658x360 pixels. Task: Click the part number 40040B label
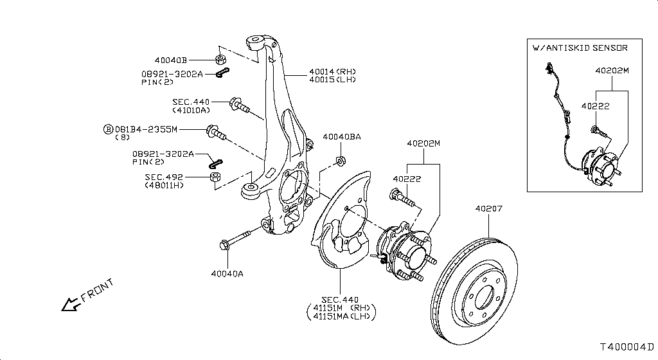coord(170,60)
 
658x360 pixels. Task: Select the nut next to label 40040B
coord(221,59)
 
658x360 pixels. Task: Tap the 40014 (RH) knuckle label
coord(332,72)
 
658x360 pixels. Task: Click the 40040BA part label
coord(342,137)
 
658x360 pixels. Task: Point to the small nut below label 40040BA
coord(341,161)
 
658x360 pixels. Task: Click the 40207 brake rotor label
coord(488,208)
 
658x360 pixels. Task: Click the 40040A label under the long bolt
coord(227,274)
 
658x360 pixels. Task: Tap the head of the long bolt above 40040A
coord(224,244)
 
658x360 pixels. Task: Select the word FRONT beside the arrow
coord(97,291)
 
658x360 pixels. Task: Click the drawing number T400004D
coord(627,347)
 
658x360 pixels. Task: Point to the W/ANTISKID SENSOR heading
coord(580,48)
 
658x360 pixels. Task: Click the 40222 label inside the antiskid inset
coord(595,106)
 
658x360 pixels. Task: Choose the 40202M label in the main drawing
coord(423,143)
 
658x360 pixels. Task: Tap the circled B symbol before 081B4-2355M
coord(108,129)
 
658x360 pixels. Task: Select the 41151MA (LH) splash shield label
coord(342,316)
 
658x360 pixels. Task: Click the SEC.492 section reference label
coord(164,177)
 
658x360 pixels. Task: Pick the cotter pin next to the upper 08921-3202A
coord(222,73)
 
